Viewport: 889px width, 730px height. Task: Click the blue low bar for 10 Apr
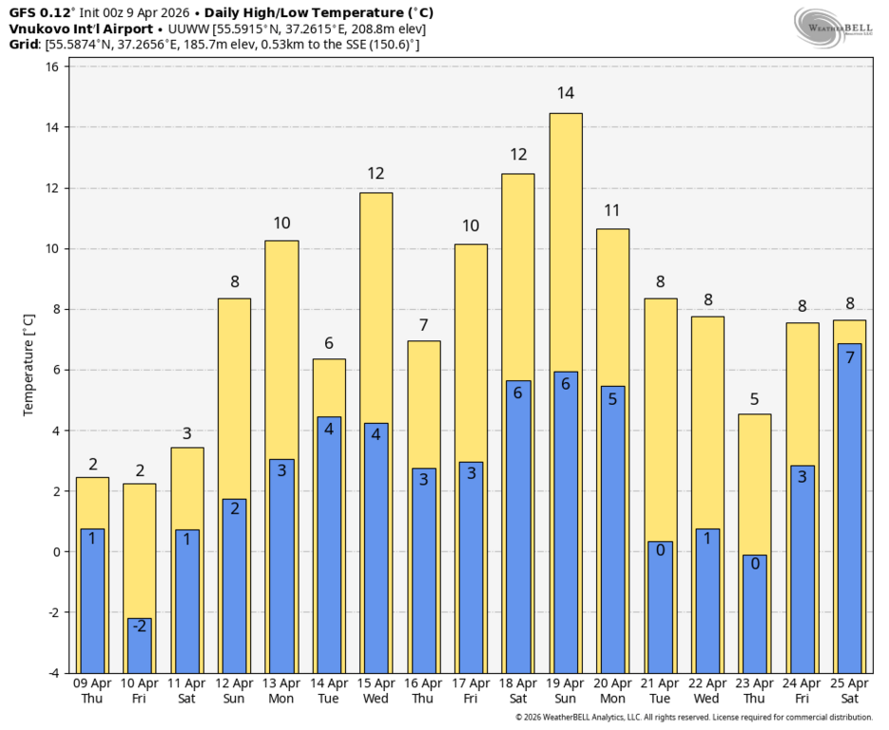140,646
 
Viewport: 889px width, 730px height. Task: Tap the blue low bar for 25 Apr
849,509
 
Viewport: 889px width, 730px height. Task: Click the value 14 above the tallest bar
566,93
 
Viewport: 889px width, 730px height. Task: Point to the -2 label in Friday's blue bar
140,625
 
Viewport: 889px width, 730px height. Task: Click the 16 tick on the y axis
52,67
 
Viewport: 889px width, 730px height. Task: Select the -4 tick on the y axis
52,673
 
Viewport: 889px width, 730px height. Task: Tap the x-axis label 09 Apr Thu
92,691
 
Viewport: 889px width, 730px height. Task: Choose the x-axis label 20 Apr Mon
612,691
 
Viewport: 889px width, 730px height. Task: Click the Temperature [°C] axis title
29,365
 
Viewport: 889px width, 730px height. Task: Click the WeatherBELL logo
833,29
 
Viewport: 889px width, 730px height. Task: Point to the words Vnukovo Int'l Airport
81,29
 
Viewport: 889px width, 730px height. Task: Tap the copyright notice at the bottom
694,718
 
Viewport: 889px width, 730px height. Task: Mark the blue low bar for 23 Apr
755,614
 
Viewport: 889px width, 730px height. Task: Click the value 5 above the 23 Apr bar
754,399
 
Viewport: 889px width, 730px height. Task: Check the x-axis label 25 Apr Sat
849,691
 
